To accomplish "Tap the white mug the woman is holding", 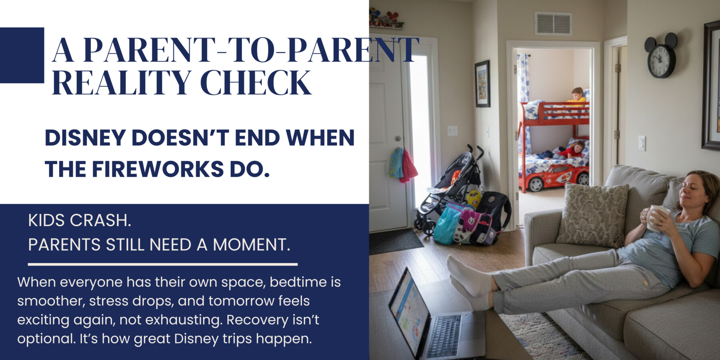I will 656,218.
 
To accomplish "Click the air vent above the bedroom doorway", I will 553,24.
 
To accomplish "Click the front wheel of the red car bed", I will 535,184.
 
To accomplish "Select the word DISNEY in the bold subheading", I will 85,138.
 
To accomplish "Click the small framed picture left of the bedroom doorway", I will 482,84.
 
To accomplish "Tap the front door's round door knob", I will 398,138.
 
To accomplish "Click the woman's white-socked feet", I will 468,280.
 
